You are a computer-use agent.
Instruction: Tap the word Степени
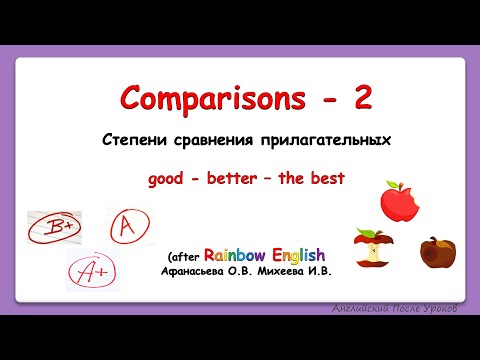(x=163, y=140)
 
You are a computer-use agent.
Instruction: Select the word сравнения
(x=239, y=140)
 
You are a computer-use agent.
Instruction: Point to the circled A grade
(x=126, y=227)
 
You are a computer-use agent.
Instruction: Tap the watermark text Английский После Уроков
(x=396, y=309)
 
